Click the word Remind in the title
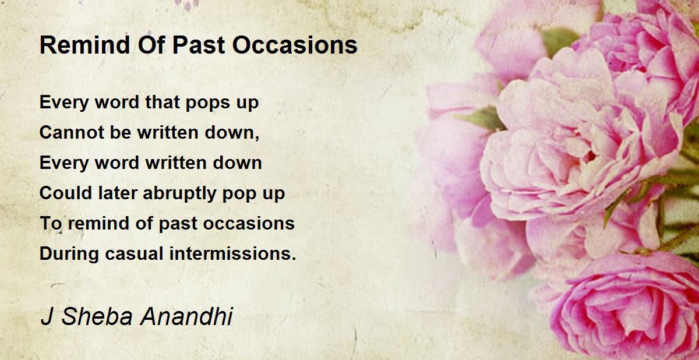(x=84, y=45)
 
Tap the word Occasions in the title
(x=295, y=45)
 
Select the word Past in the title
(x=199, y=45)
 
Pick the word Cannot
(x=72, y=132)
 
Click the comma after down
(x=256, y=137)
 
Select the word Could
(x=65, y=193)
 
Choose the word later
(x=118, y=193)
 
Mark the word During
(x=69, y=253)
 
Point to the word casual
(x=134, y=253)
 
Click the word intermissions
(x=230, y=253)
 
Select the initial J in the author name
(x=46, y=317)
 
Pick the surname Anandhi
(x=186, y=317)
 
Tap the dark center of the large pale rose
(x=589, y=156)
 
